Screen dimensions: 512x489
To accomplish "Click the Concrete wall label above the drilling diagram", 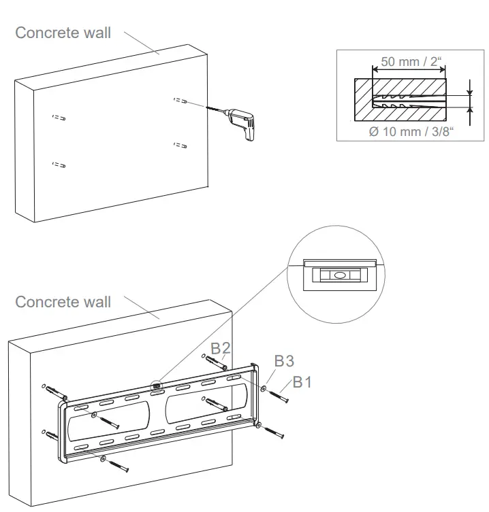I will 63,33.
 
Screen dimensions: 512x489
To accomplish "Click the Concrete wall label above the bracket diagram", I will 63,301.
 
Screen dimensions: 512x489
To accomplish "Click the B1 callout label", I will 302,382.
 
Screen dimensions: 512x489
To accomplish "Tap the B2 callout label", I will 220,349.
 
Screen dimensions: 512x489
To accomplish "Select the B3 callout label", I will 284,360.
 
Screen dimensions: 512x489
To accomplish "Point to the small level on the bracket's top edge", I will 157,387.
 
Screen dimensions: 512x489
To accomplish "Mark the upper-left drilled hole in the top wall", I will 59,118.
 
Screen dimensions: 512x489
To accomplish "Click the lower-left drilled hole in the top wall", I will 59,165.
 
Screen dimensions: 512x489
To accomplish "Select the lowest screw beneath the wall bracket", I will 116,466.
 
